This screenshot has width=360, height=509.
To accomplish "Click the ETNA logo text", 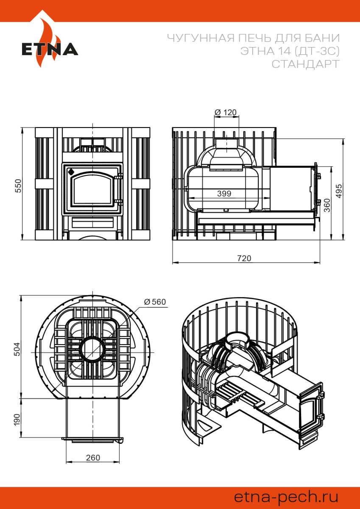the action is click(50, 49).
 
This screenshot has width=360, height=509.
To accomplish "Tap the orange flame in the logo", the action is click(47, 43).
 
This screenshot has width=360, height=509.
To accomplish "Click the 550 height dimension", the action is click(18, 186).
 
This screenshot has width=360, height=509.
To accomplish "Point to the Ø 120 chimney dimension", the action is click(226, 112).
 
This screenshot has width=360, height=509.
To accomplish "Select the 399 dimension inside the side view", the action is click(224, 193).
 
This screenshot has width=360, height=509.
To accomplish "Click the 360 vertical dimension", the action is click(327, 205).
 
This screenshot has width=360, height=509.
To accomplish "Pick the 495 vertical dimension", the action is click(339, 191).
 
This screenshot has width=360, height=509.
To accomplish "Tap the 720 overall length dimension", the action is click(244, 259).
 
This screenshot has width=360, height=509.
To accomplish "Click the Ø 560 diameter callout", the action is click(155, 301).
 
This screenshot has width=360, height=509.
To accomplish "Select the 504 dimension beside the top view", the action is click(17, 349).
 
